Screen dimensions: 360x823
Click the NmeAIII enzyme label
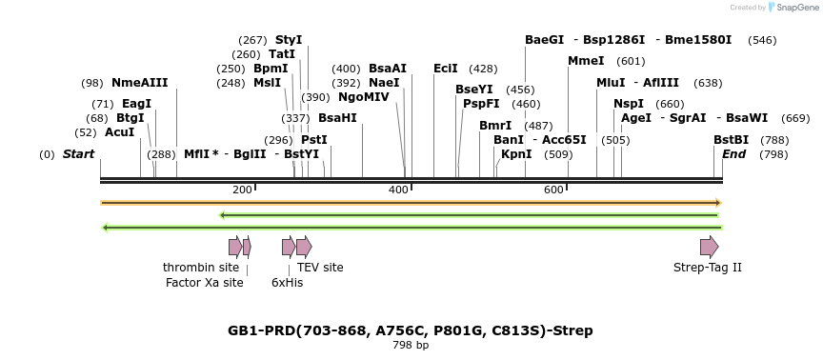[x=139, y=83]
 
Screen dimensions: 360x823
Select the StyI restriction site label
[x=289, y=40]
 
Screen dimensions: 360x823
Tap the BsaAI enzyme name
[x=388, y=69]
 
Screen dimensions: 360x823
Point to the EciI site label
[x=446, y=69]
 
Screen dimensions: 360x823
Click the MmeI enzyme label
[x=586, y=61]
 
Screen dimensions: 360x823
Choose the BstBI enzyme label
[x=732, y=140]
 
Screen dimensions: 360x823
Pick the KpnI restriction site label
[x=516, y=154]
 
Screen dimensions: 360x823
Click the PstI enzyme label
[x=314, y=140]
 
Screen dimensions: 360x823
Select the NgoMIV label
[x=364, y=97]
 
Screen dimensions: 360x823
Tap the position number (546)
[x=762, y=40]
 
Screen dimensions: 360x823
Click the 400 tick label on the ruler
[x=398, y=190]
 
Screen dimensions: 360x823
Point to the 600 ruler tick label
[x=553, y=190]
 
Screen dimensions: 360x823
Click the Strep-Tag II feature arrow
[x=709, y=248]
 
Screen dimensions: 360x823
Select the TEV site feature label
[x=320, y=268]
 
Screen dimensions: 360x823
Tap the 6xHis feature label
[x=287, y=283]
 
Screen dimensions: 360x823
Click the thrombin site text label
[x=201, y=268]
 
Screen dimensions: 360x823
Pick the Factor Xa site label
[x=205, y=283]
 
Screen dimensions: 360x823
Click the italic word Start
[x=79, y=154]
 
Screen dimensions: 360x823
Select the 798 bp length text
[x=411, y=345]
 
